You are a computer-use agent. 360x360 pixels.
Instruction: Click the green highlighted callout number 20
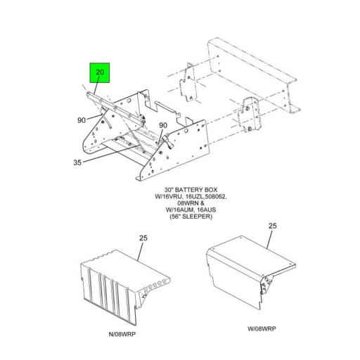pos(100,73)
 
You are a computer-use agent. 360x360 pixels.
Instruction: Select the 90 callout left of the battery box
pos(82,120)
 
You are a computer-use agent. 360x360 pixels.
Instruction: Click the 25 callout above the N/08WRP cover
pos(143,238)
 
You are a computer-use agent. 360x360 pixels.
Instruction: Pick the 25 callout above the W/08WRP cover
pos(274,226)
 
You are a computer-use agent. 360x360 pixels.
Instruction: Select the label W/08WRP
pos(262,328)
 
